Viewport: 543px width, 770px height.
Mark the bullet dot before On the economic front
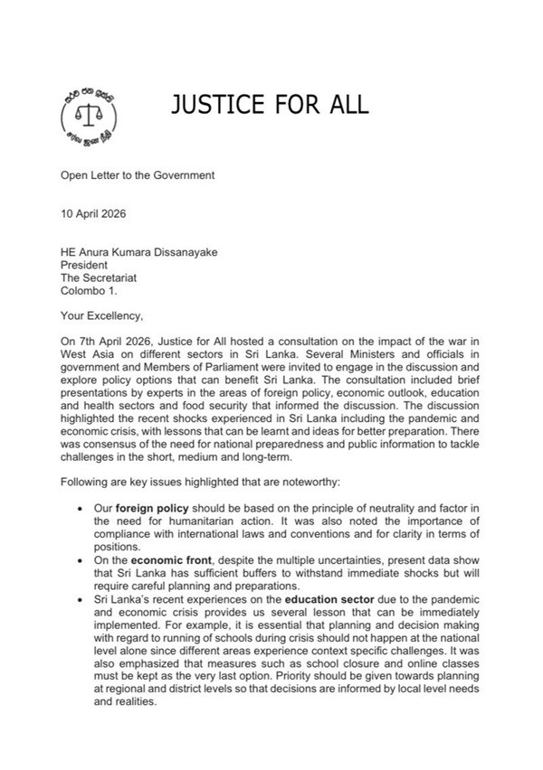click(83, 559)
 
